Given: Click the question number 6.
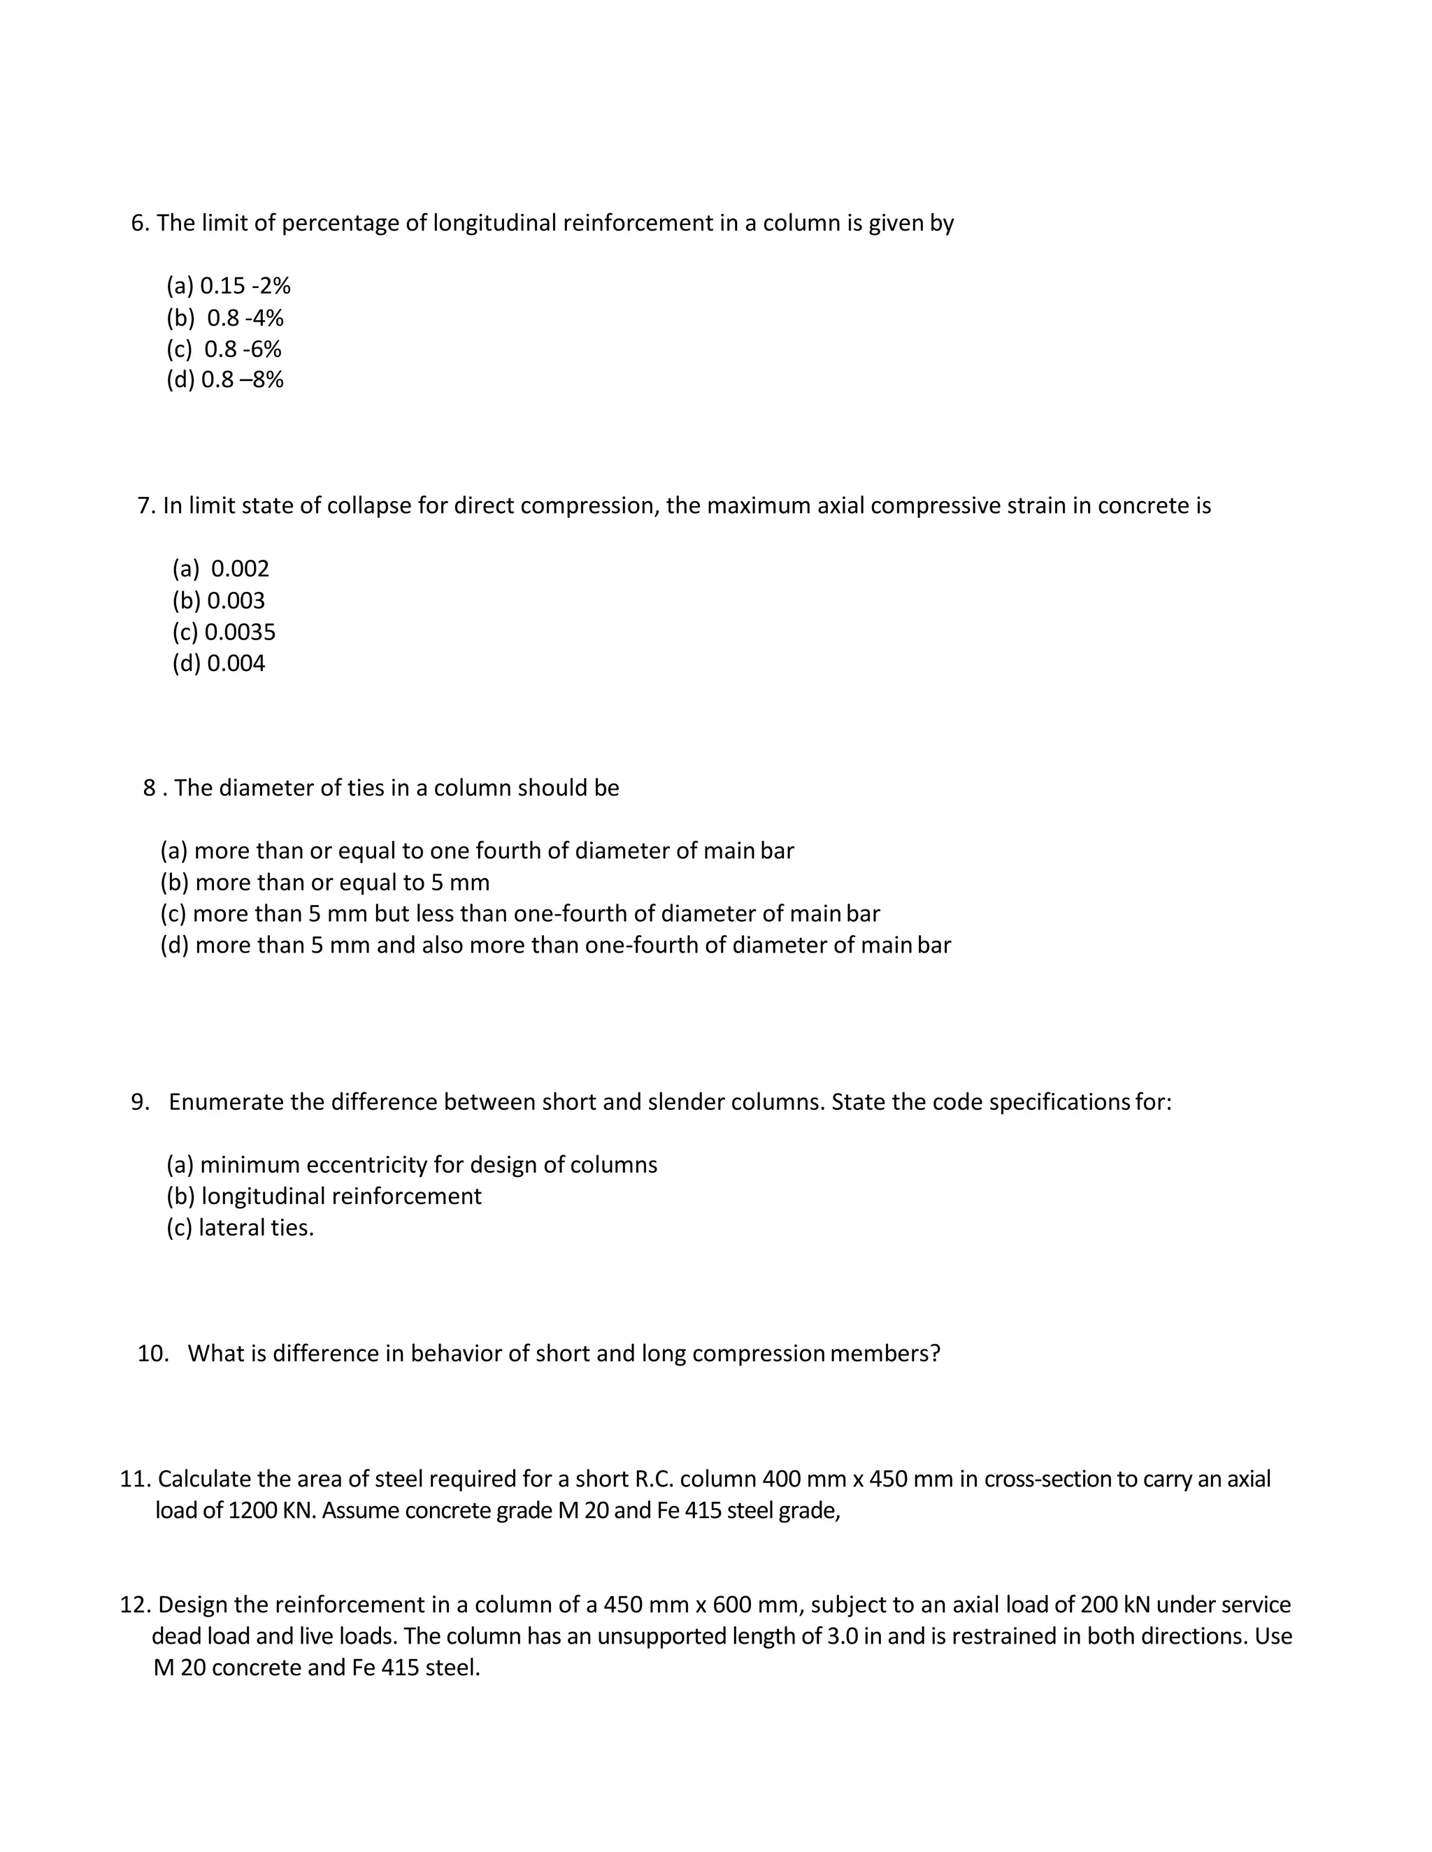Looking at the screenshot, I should coord(140,223).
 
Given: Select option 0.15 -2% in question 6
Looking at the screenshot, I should coord(244,286).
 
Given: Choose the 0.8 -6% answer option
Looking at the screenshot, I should coord(242,349).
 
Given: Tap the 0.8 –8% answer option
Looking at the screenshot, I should coord(242,380).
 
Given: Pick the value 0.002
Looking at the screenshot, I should coord(239,569).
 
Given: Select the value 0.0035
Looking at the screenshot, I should coord(239,632).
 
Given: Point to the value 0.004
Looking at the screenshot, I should coord(235,663).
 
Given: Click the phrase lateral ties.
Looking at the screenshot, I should coord(255,1228).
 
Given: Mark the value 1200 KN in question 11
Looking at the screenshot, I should coord(271,1510).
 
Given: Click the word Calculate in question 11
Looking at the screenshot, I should coord(203,1479).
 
